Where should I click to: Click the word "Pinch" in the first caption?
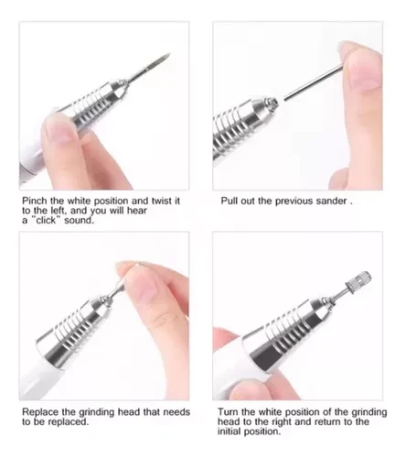click(35, 201)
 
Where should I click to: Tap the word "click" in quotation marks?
click(46, 220)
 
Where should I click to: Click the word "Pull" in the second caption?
click(229, 201)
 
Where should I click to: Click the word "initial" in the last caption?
click(229, 431)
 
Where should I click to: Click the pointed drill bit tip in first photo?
click(169, 55)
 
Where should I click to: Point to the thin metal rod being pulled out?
click(313, 82)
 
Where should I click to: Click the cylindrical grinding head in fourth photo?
click(358, 280)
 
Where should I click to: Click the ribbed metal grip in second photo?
click(231, 128)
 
